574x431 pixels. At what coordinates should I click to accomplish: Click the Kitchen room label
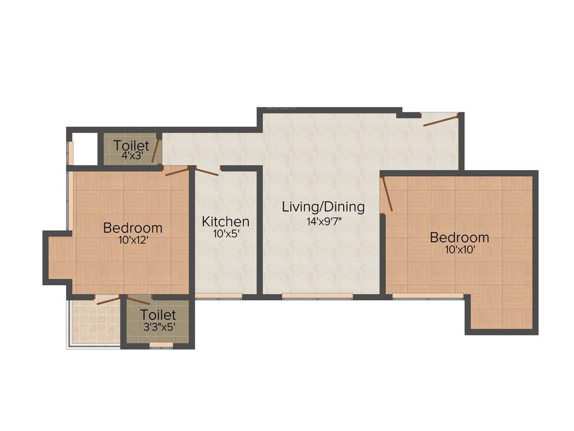point(225,221)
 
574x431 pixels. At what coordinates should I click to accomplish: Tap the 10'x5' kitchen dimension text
point(225,234)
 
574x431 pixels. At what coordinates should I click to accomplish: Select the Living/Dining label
point(323,207)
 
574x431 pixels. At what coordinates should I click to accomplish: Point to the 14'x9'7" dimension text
point(323,221)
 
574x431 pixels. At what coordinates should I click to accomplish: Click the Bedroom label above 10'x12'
point(133,228)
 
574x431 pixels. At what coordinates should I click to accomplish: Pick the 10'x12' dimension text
point(133,240)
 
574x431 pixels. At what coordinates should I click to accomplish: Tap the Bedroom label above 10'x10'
point(459,237)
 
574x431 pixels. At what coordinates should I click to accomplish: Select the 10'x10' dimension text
point(460,250)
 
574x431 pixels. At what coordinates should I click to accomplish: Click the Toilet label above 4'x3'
point(131,146)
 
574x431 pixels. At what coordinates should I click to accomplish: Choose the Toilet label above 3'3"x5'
point(158,315)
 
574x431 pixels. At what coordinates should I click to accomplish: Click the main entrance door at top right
point(441,119)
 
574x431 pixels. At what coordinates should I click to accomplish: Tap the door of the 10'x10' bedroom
point(387,194)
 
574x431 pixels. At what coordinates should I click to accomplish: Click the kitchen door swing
point(206,171)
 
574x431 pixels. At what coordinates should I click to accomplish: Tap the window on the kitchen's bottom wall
point(219,296)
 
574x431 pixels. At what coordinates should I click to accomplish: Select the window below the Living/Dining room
point(317,296)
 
